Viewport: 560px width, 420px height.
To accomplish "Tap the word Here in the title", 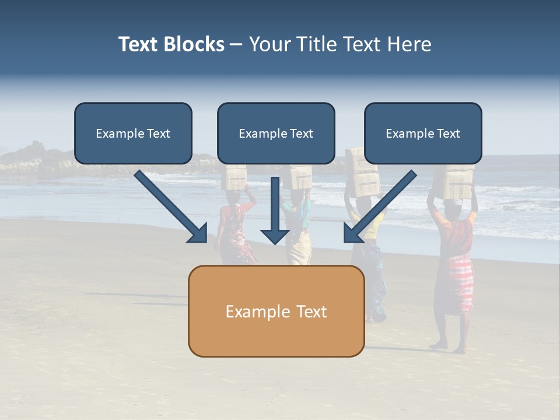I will point(408,44).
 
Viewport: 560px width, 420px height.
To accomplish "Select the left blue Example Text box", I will point(133,134).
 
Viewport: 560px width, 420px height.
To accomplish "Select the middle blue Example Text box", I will point(276,134).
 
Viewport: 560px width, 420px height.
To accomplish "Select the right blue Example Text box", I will point(423,134).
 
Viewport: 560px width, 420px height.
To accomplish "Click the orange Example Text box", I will point(276,311).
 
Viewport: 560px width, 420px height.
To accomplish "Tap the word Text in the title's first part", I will point(139,44).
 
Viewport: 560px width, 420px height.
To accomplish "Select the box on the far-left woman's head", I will point(236,177).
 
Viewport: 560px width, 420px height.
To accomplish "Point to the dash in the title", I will point(236,45).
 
